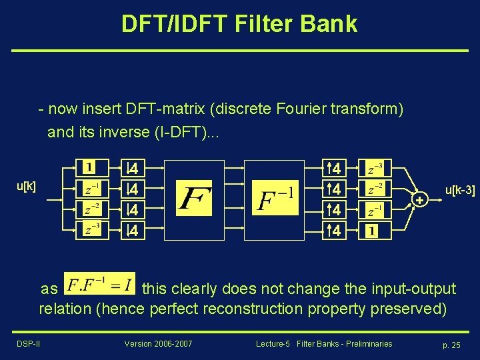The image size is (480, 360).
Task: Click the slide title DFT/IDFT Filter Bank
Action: pos(239,24)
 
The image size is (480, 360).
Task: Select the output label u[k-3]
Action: pos(460,191)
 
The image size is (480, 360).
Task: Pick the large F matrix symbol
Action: pos(195,199)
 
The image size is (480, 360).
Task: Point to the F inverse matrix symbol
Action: pos(276,199)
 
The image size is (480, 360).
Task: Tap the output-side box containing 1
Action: pos(372,231)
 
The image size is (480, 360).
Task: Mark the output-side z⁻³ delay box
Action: pos(372,167)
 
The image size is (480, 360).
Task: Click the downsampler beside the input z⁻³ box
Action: pos(133,231)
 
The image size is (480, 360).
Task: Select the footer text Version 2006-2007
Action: pos(158,343)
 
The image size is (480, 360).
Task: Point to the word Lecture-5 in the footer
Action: pos(274,343)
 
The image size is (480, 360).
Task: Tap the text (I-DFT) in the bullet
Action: pos(179,131)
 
